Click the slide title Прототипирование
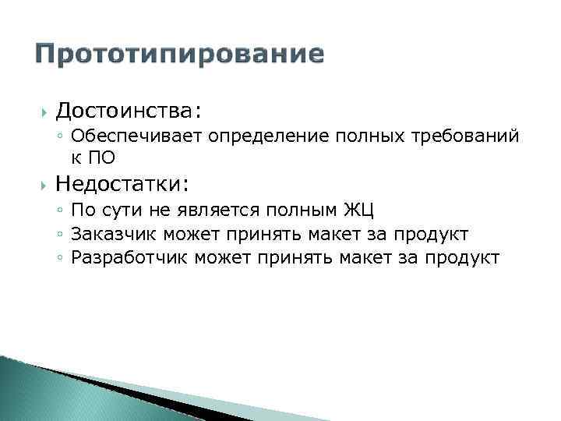(180, 54)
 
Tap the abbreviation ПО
(101, 157)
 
